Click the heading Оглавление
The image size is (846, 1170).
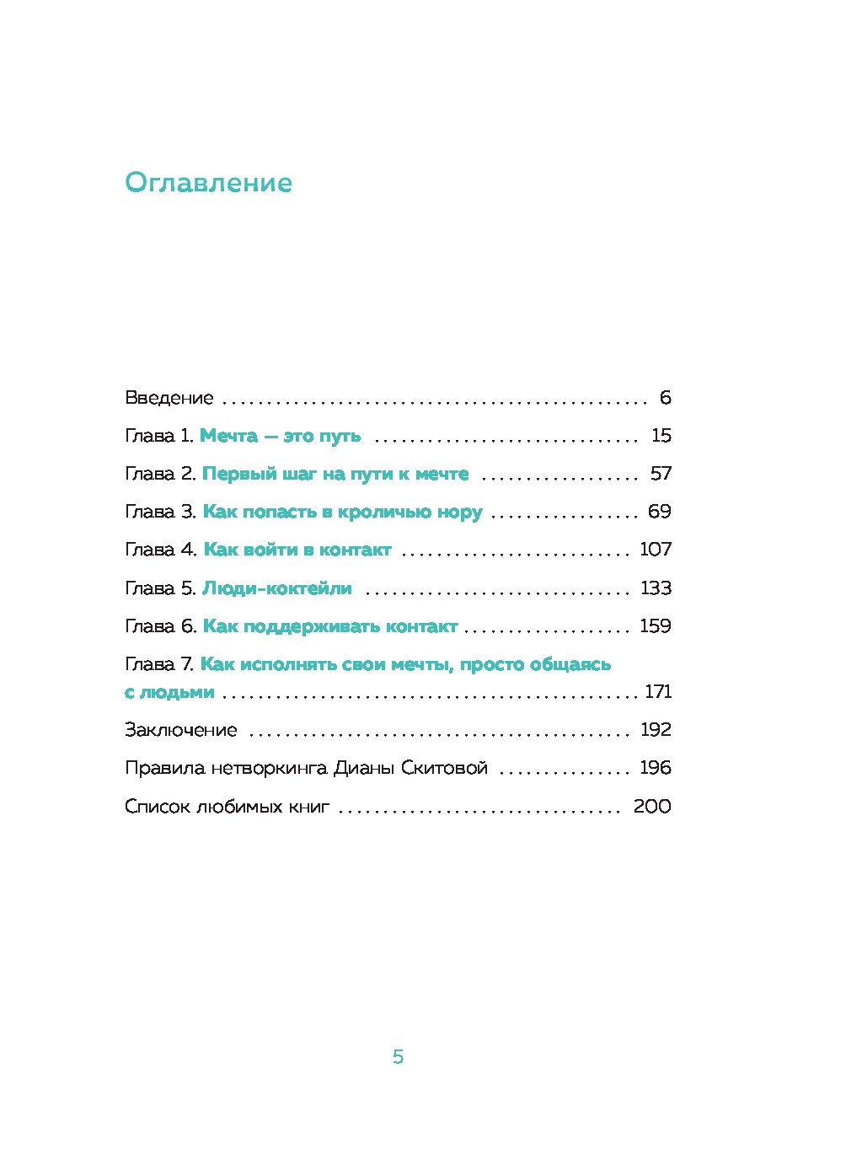[x=208, y=184]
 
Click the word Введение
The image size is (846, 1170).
[x=169, y=398]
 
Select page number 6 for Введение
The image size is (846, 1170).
[x=665, y=398]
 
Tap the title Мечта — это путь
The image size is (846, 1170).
[x=280, y=436]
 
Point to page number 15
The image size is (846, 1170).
[x=661, y=436]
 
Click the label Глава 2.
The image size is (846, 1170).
[x=160, y=474]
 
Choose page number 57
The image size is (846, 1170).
[x=661, y=474]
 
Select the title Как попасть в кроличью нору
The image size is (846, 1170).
[x=342, y=513]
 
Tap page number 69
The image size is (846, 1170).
[x=660, y=512]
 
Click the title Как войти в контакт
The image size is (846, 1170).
[x=297, y=550]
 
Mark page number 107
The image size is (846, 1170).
[x=656, y=550]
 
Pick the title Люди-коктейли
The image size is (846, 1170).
[x=277, y=588]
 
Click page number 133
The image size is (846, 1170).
[x=656, y=588]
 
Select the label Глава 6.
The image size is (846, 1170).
[x=160, y=626]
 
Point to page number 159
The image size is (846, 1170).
[x=656, y=626]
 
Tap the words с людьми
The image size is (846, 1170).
[x=169, y=692]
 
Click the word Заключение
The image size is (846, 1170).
[x=180, y=730]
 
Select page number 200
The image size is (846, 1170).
[x=652, y=807]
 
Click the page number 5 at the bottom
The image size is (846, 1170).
[x=399, y=1057]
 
